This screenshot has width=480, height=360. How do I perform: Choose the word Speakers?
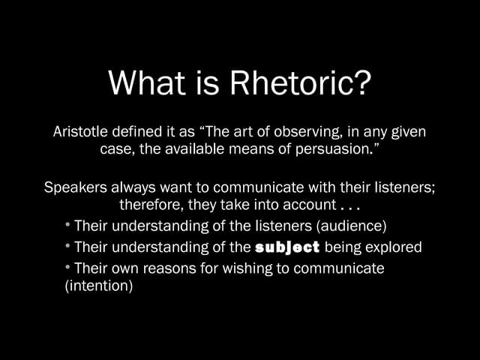[x=76, y=187]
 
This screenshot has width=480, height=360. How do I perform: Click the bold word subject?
[x=287, y=247]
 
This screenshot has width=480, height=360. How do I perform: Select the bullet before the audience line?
[x=68, y=224]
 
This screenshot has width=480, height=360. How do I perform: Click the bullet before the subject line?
[x=68, y=245]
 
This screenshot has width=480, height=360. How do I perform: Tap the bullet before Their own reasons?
[x=68, y=266]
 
